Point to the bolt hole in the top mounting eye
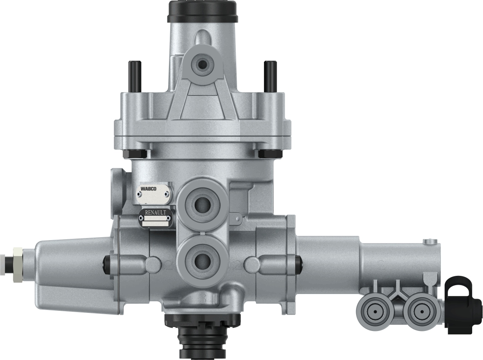[203, 64]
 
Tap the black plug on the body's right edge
[299, 263]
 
